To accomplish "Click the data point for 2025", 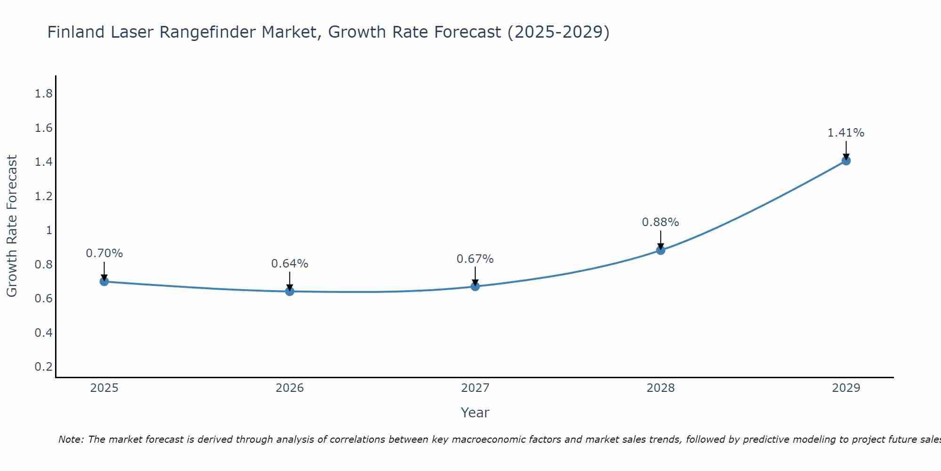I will click(x=104, y=282).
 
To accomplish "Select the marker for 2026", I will click(x=290, y=292).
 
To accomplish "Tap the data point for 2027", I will click(x=475, y=286).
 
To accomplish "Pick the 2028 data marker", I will click(x=661, y=250).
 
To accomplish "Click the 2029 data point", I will click(x=846, y=161).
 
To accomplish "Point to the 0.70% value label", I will click(x=104, y=253).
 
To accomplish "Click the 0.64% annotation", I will click(x=290, y=264).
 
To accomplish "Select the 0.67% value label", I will click(x=475, y=259).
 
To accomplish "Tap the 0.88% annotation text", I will click(x=661, y=222).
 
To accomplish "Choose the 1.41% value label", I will click(x=846, y=133).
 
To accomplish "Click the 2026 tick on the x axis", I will click(x=290, y=388).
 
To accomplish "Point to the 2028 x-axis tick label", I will click(x=661, y=388).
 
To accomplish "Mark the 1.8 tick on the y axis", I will click(x=44, y=94).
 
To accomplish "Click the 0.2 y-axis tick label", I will click(x=44, y=366).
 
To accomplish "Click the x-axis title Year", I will click(x=475, y=413).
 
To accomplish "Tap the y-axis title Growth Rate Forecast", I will click(x=12, y=226).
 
